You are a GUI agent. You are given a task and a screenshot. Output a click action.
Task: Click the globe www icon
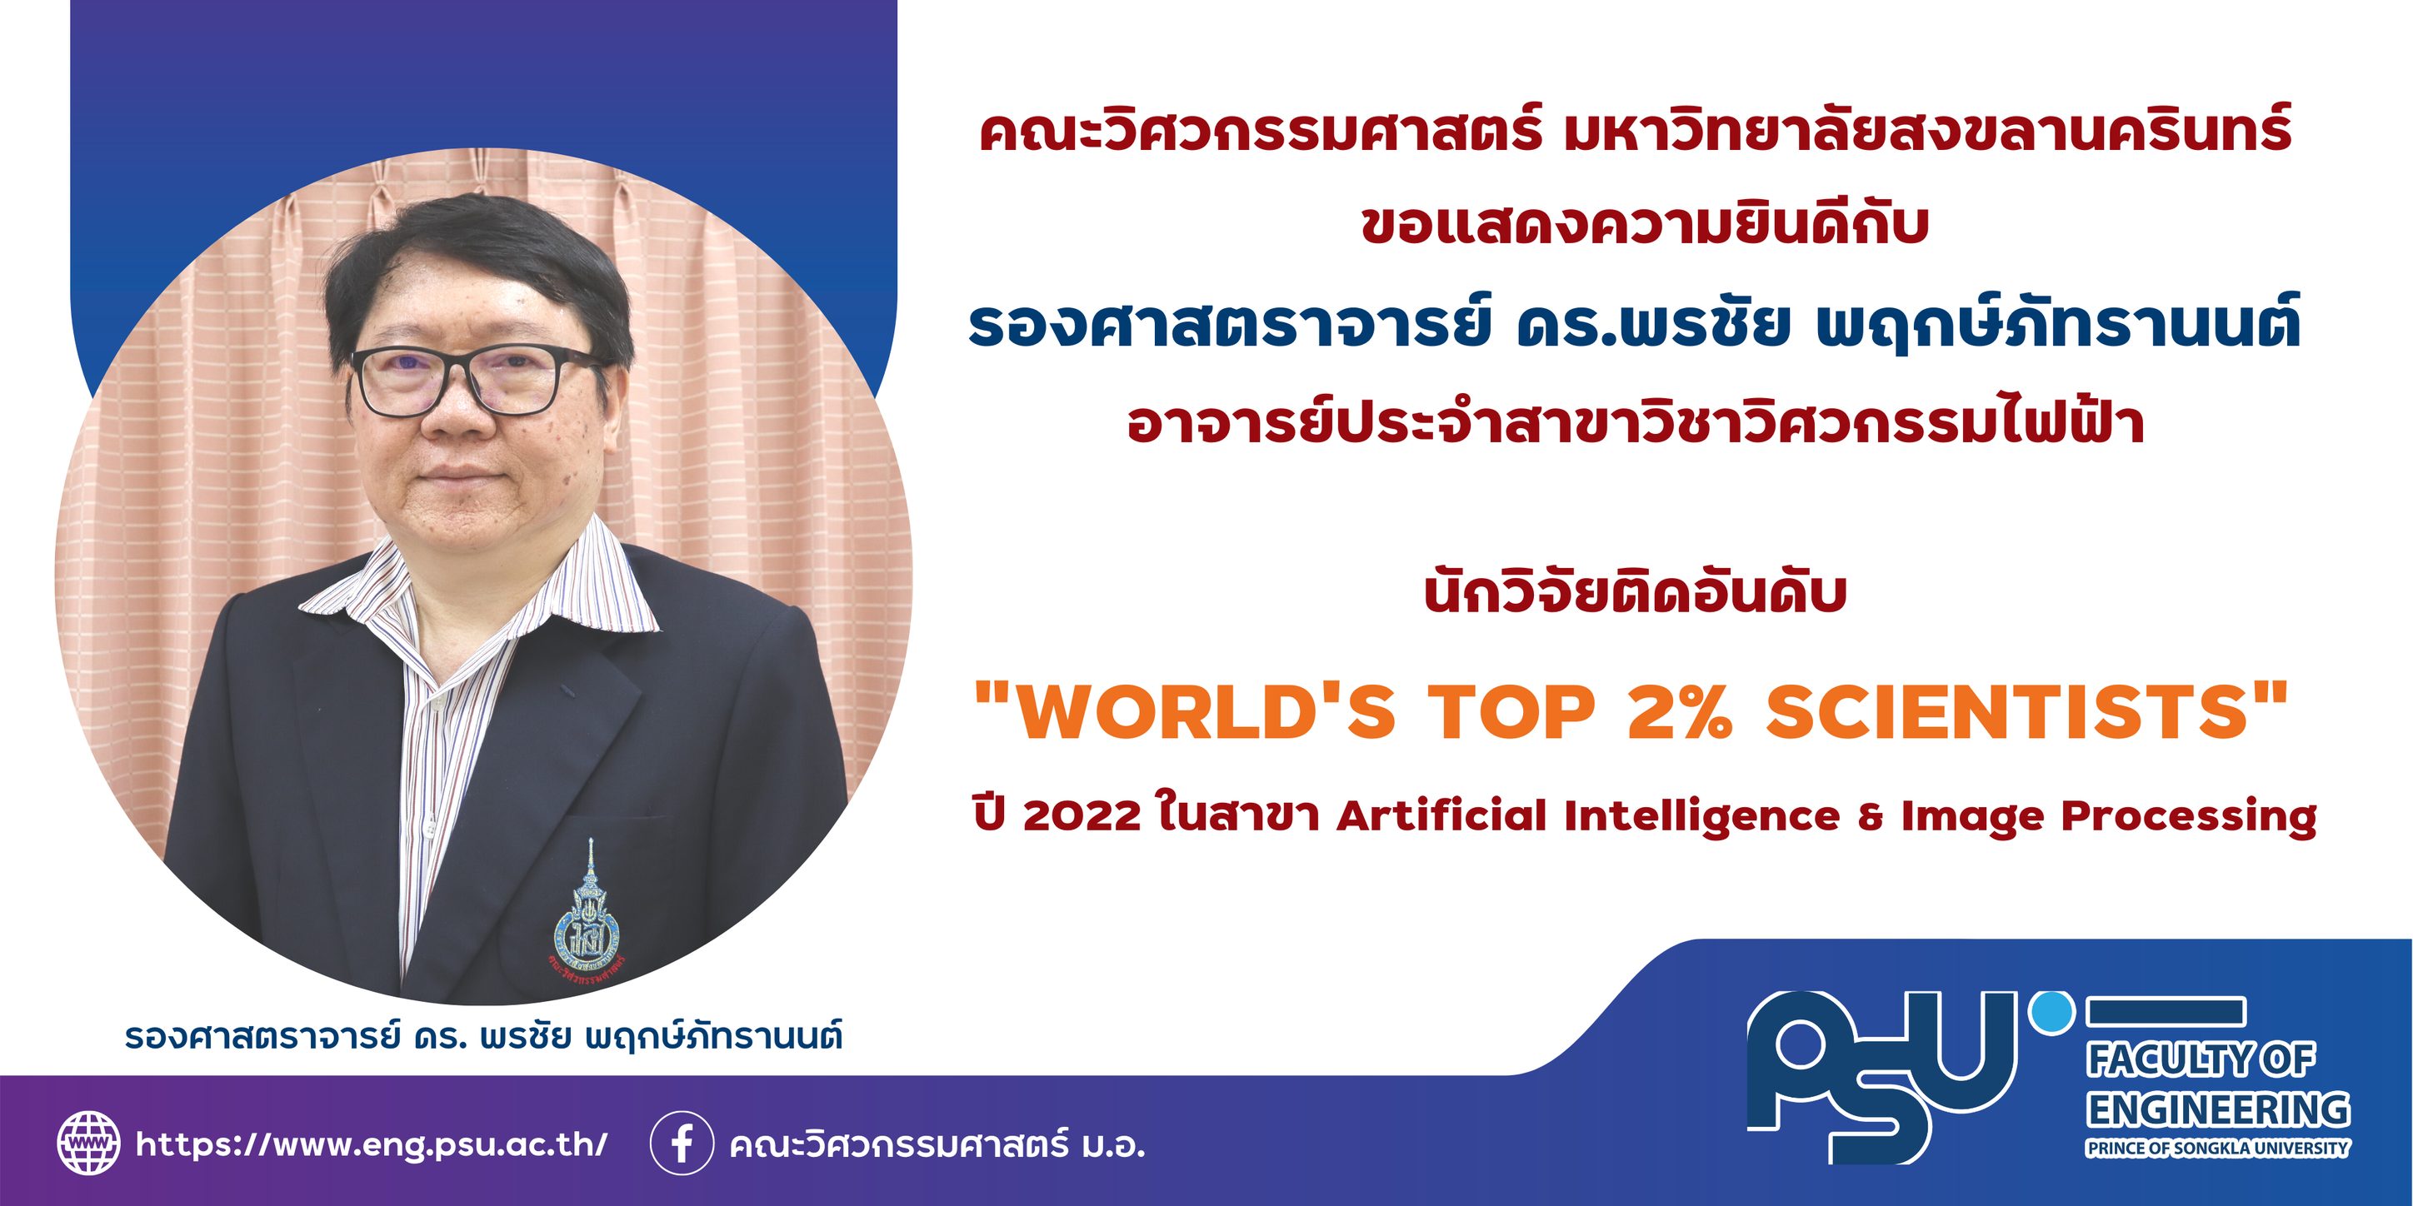(89, 1144)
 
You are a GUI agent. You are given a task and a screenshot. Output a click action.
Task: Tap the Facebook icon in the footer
(682, 1144)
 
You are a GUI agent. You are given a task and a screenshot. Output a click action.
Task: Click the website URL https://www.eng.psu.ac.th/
(372, 1144)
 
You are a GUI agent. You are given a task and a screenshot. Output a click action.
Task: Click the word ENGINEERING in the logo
(2218, 1109)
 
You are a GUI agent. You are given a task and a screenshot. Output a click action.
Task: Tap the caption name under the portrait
(483, 1038)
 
